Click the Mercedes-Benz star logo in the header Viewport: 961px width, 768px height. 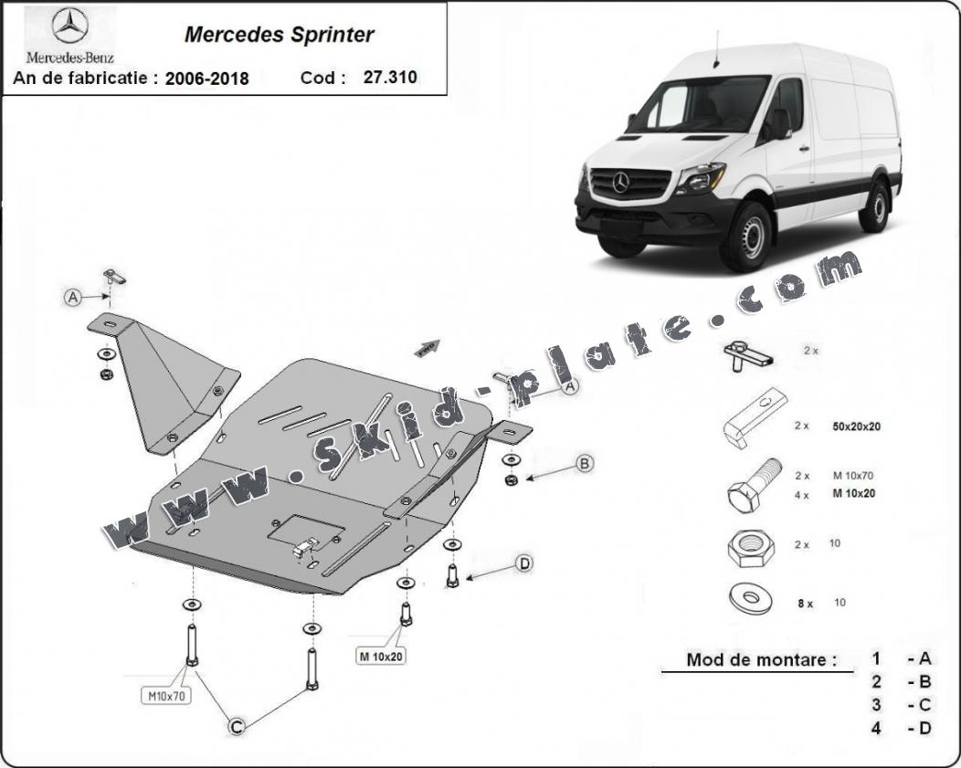[69, 26]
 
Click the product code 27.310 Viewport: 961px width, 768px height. [390, 78]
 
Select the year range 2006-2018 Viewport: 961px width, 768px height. [206, 79]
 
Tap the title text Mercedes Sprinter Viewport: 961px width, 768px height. [279, 35]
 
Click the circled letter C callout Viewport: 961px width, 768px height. [237, 726]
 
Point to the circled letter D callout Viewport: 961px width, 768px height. [524, 563]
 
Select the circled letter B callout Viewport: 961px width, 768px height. [584, 464]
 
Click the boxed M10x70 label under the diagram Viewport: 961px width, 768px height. [166, 696]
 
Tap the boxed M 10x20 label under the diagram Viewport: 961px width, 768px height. [381, 657]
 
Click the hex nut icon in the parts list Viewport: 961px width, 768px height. [751, 544]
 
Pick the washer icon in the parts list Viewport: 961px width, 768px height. [751, 598]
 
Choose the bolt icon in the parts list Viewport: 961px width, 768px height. [754, 485]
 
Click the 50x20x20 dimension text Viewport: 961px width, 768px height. [856, 426]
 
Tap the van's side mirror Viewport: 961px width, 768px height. [780, 123]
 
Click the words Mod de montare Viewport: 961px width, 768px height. [761, 659]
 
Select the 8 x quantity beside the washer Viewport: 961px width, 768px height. [806, 604]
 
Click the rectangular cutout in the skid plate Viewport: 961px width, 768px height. [306, 531]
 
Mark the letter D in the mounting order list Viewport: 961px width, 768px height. [924, 728]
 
